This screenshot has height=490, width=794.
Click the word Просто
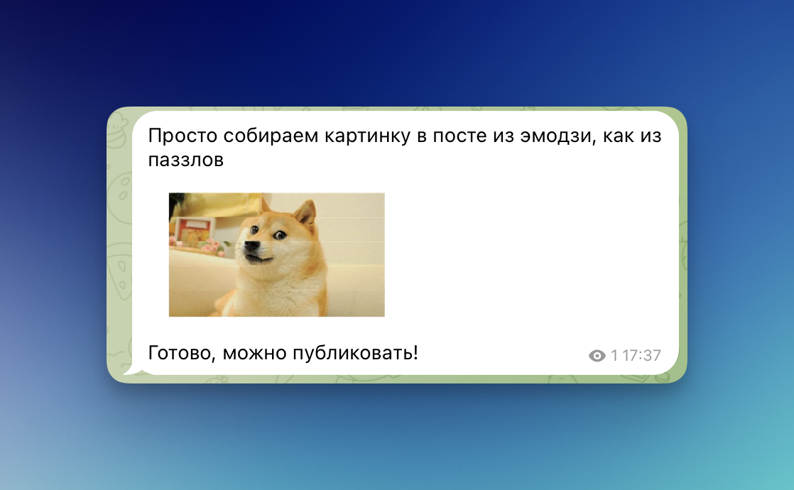click(183, 136)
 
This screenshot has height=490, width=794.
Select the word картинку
click(367, 136)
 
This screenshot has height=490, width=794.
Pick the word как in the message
click(617, 136)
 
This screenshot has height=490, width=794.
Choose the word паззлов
click(186, 160)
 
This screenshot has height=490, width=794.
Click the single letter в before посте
click(422, 136)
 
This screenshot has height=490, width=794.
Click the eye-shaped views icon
click(597, 356)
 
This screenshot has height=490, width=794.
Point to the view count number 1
click(614, 355)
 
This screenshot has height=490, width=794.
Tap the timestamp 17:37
click(641, 355)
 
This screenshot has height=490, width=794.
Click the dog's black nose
click(250, 246)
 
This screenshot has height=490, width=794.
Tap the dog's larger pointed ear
click(308, 212)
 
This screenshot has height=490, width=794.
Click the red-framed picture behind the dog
click(192, 231)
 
